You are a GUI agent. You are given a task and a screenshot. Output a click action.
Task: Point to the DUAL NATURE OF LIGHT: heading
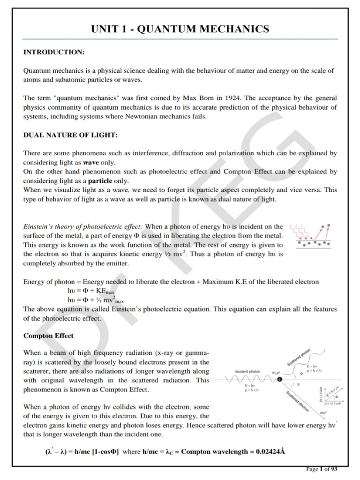pos(70,135)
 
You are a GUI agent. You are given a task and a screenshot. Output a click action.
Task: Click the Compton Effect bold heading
pos(48,336)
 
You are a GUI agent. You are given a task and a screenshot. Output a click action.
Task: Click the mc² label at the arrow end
pos(323,412)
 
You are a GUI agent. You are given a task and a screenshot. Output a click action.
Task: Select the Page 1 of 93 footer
pos(322,468)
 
